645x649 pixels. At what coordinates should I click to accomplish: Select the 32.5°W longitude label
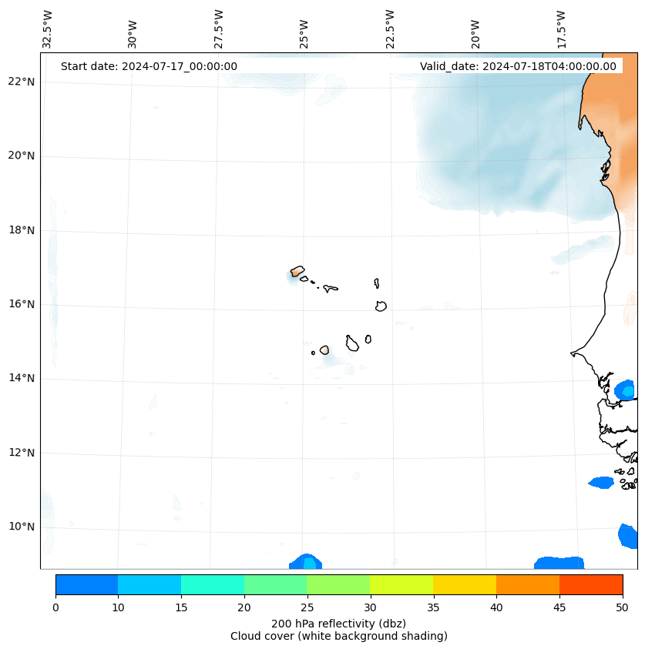(x=48, y=28)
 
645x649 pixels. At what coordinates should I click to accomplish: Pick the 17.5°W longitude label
(x=561, y=28)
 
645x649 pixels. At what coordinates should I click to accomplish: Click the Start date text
(x=149, y=66)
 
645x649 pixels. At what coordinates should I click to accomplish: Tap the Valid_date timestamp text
(x=518, y=66)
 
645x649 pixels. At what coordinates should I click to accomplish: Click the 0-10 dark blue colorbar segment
(x=86, y=584)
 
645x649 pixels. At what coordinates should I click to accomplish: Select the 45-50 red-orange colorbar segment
(x=590, y=584)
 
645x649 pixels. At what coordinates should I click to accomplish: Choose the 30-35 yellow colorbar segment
(x=401, y=584)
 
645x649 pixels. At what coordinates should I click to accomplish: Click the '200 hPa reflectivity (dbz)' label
(x=338, y=623)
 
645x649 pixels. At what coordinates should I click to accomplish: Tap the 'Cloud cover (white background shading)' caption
(x=338, y=636)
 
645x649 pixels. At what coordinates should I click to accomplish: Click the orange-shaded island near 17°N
(x=297, y=271)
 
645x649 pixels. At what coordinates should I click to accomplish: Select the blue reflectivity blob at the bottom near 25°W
(x=306, y=562)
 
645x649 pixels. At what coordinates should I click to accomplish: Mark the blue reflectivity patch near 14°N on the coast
(x=625, y=390)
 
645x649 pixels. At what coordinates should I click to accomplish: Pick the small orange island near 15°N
(x=324, y=350)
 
